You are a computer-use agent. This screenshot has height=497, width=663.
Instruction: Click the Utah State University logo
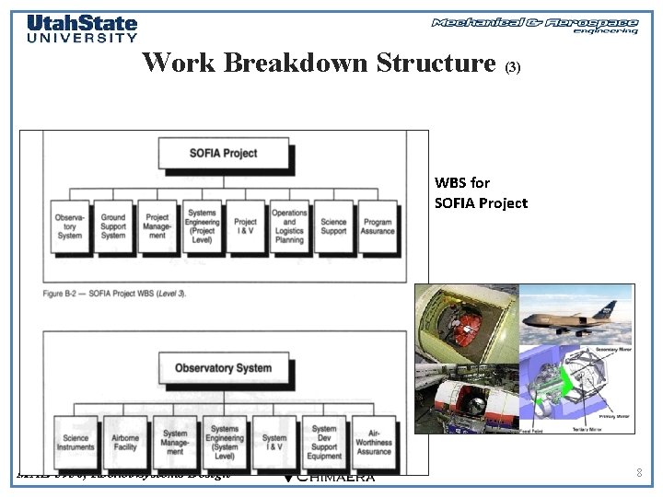82,28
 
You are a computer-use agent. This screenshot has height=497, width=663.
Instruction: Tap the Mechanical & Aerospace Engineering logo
535,25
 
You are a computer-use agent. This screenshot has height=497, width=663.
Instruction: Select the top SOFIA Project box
224,153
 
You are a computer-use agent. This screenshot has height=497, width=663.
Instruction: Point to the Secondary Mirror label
606,349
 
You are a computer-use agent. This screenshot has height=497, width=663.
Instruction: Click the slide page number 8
639,472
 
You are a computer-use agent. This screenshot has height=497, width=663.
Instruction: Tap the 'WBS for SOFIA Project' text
481,192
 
